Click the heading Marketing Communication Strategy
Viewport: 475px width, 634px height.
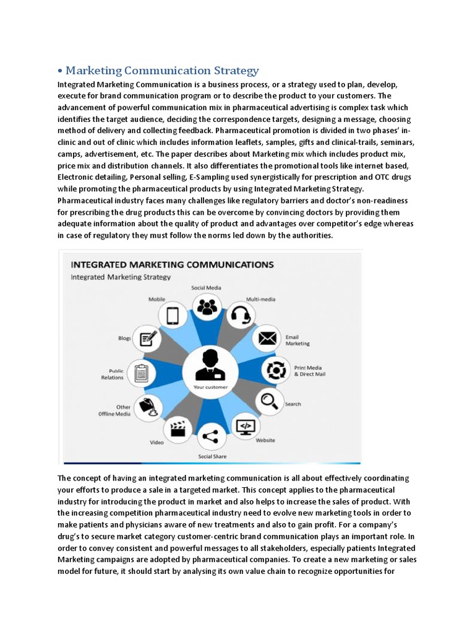pos(162,71)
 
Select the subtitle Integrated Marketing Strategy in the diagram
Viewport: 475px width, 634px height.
pos(121,277)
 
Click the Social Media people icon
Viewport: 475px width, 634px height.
pos(207,306)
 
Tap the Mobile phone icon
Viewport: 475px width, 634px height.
pos(173,316)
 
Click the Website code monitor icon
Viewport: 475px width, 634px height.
pos(246,426)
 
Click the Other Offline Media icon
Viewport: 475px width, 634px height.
pos(149,406)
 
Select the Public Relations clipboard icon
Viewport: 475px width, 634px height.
pos(141,373)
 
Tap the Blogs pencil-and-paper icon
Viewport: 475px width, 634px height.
pos(148,339)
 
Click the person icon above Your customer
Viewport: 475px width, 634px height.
pos(210,365)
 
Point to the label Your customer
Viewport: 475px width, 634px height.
pos(210,388)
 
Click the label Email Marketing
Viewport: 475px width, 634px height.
pos(297,340)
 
